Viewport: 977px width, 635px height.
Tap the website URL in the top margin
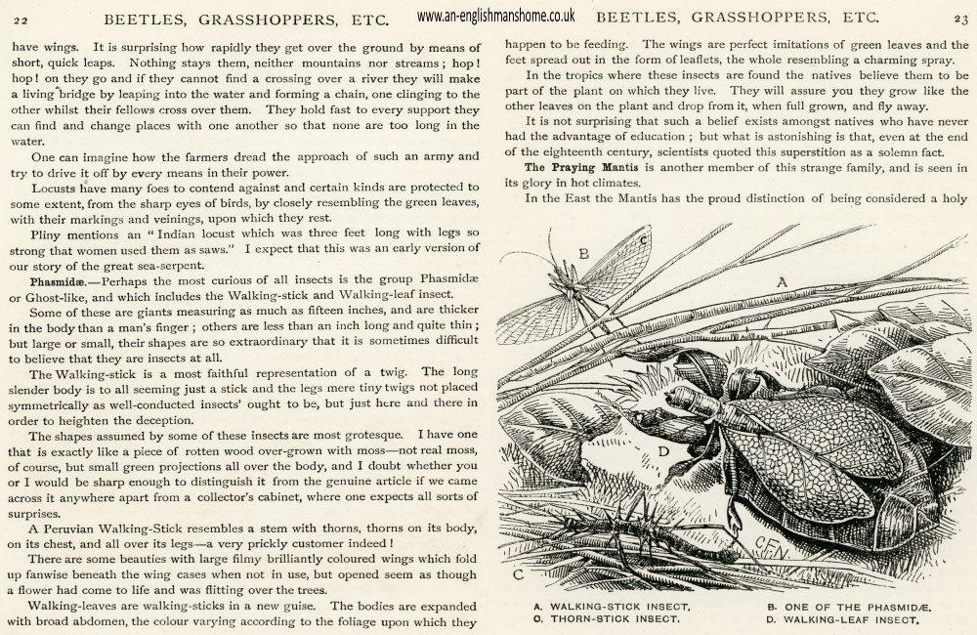[x=495, y=17]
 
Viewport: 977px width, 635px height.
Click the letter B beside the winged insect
[x=583, y=255]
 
